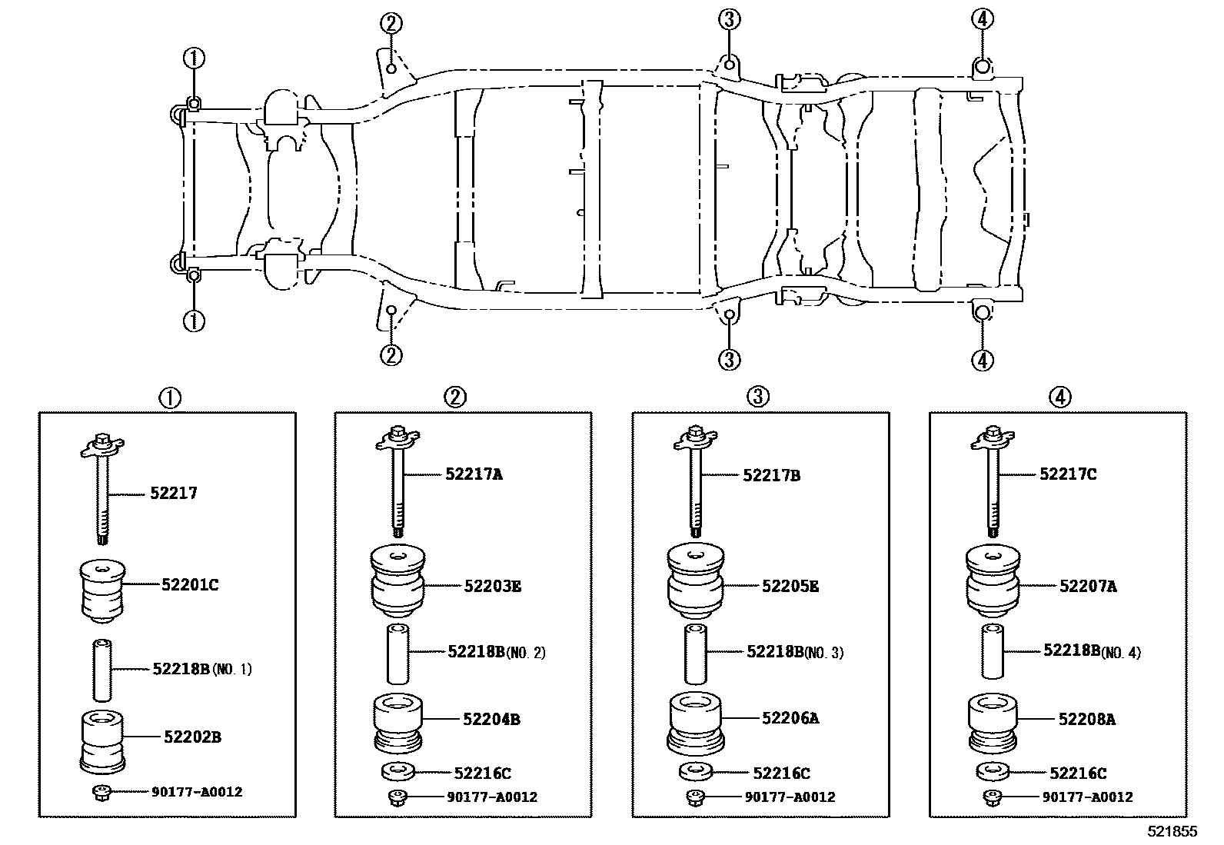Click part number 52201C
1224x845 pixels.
(x=189, y=585)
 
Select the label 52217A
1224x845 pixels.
(x=473, y=474)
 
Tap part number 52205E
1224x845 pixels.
(x=790, y=587)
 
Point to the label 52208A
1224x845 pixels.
(x=1086, y=720)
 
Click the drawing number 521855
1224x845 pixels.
(x=1172, y=832)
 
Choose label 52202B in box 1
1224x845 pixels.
(x=192, y=737)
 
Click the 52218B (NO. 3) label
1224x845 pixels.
(x=794, y=652)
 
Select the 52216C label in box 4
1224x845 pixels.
(x=1078, y=773)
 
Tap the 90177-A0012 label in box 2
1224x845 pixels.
(x=491, y=797)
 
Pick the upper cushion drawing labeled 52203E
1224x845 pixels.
(x=398, y=581)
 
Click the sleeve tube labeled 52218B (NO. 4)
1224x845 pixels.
(x=993, y=652)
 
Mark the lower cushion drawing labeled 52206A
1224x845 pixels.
(x=696, y=723)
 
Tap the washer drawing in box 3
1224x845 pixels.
(x=695, y=771)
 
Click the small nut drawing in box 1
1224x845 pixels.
(x=101, y=792)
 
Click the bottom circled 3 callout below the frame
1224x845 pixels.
(x=729, y=358)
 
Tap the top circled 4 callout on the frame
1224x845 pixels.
(x=982, y=19)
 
